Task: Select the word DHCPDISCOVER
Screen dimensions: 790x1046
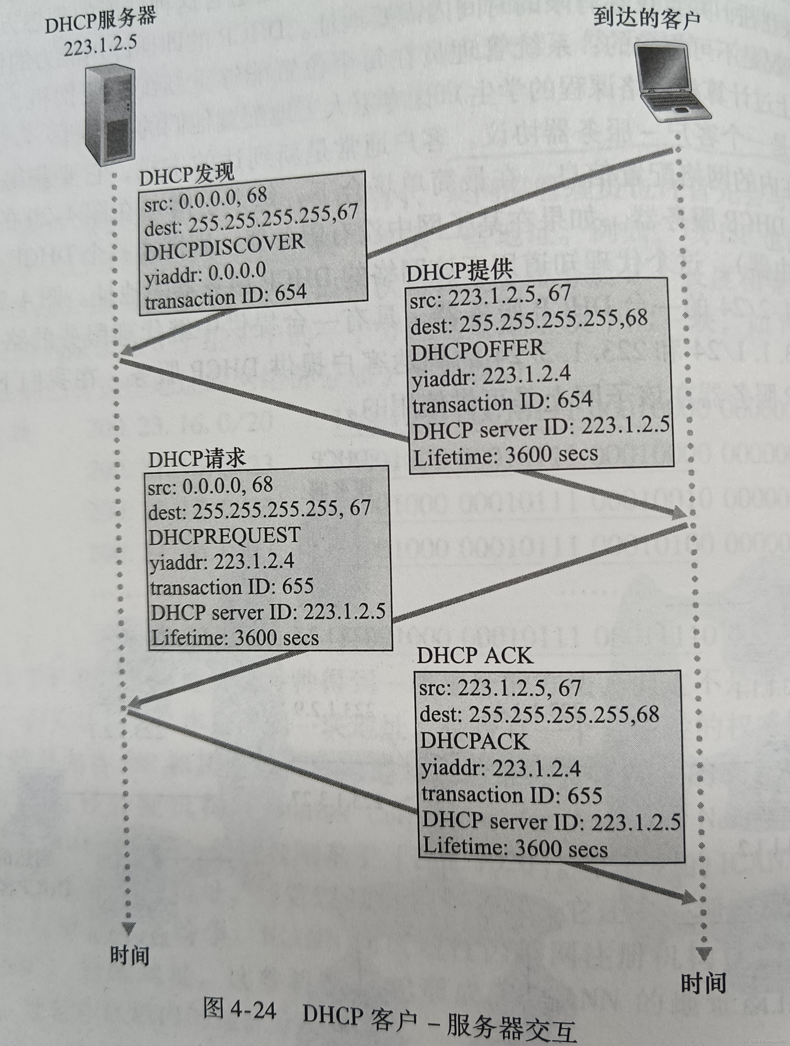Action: pos(224,247)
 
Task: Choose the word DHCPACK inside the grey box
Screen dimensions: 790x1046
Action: pos(474,741)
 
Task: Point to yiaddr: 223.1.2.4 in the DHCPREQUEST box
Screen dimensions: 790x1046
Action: pos(221,562)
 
